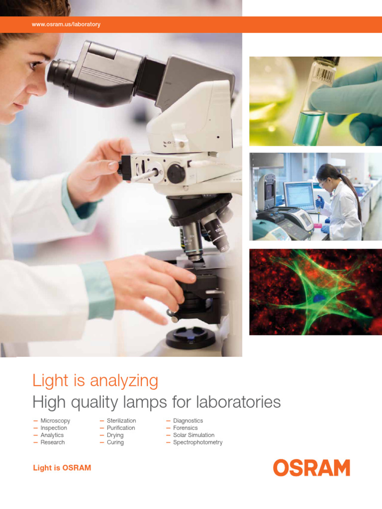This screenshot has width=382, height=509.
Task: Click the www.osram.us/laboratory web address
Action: pyautogui.click(x=66, y=24)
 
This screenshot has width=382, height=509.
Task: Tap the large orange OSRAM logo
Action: pyautogui.click(x=311, y=468)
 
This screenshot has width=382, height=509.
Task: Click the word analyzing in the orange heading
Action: pyautogui.click(x=124, y=381)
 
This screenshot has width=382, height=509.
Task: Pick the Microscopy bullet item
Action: pyautogui.click(x=55, y=421)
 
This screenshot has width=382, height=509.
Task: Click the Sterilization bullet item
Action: pyautogui.click(x=121, y=421)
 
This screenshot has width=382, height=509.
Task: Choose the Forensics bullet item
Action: pyautogui.click(x=185, y=427)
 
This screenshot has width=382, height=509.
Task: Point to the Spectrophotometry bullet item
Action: pyautogui.click(x=197, y=442)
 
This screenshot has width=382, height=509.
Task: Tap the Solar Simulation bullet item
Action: pyautogui.click(x=193, y=435)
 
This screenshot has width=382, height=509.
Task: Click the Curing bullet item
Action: pyautogui.click(x=115, y=442)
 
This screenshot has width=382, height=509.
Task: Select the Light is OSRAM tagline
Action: pyautogui.click(x=62, y=468)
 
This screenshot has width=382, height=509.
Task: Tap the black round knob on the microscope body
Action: pyautogui.click(x=176, y=173)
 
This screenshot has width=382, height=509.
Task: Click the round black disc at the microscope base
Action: pyautogui.click(x=191, y=337)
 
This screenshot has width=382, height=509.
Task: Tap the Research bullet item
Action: pyautogui.click(x=52, y=442)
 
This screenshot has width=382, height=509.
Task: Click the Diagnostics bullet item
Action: pyautogui.click(x=188, y=421)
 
